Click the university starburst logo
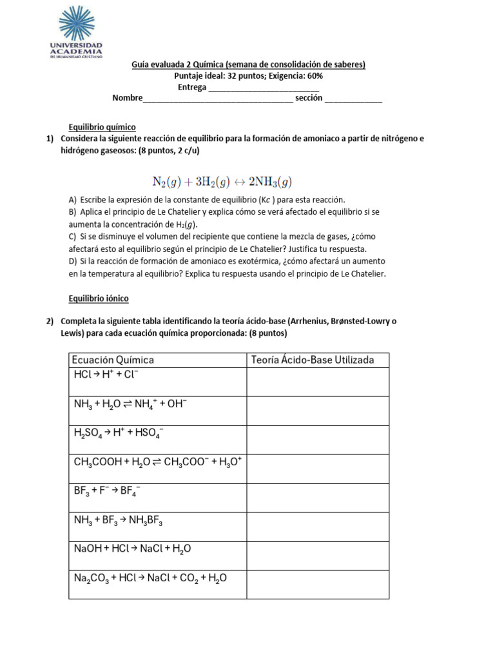77,24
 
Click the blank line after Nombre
218,99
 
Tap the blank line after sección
353,99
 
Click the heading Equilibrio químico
102,127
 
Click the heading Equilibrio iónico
99,298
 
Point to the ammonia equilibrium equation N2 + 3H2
222,181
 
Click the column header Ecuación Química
113,360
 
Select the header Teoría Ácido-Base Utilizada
313,360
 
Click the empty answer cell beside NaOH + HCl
318,556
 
